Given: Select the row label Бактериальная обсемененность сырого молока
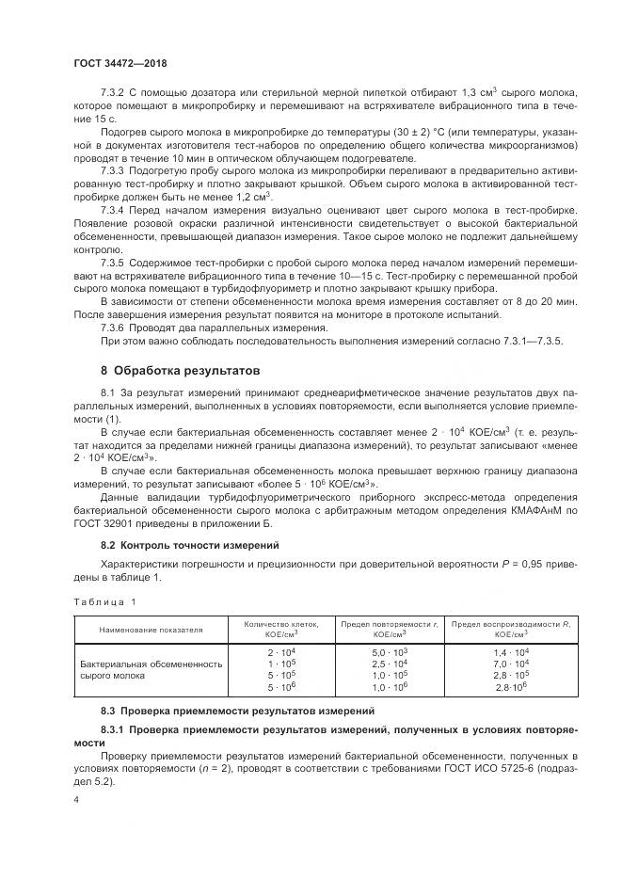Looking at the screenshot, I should pos(151,669).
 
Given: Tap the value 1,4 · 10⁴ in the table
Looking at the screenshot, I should pos(511,651).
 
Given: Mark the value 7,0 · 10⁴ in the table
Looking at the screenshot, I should pos(511,664).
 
